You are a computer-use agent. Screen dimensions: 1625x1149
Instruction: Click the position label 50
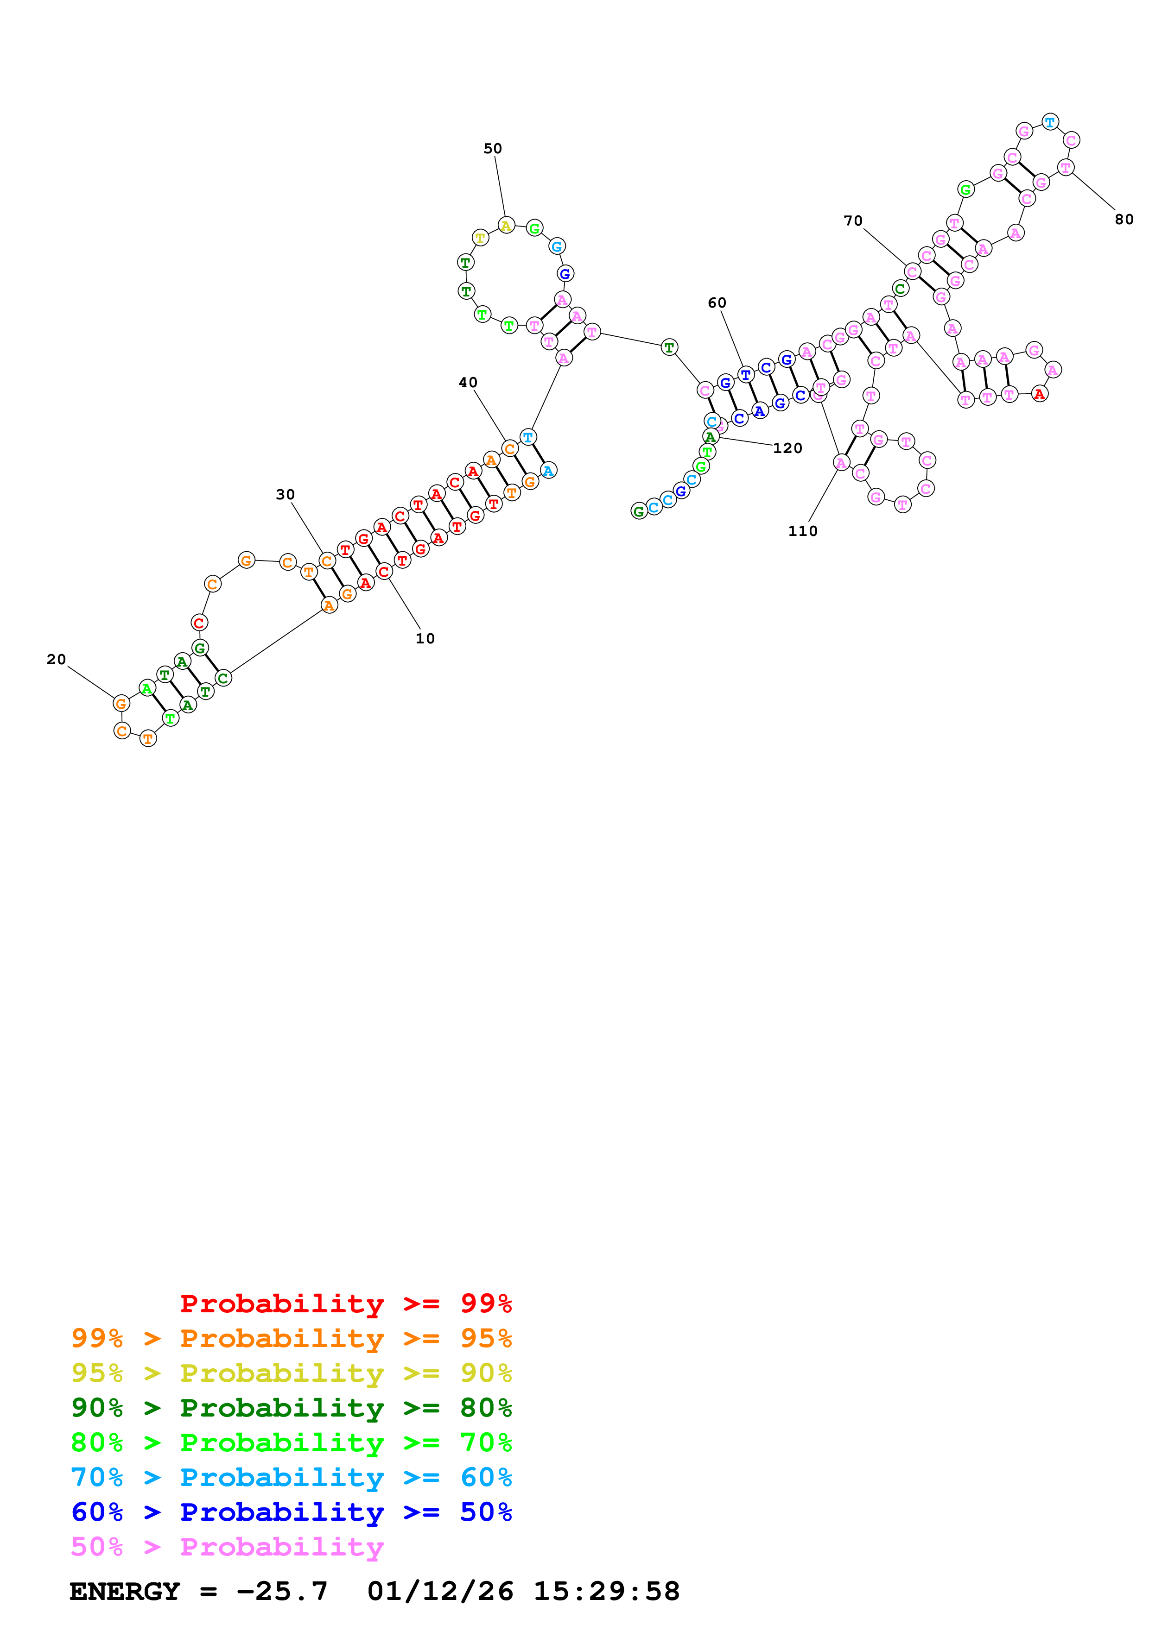[x=492, y=149]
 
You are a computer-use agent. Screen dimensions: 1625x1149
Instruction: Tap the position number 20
[x=56, y=660]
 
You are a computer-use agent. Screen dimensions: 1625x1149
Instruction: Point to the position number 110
[x=802, y=531]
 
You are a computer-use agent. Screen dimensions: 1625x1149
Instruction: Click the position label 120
[x=787, y=448]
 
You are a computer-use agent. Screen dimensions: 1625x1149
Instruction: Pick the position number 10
[x=425, y=638]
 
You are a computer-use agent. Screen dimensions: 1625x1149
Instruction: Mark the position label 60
[x=717, y=303]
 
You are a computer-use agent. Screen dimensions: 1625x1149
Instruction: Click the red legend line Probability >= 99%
[x=345, y=1304]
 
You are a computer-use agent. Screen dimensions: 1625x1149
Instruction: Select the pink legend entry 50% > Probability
[x=227, y=1547]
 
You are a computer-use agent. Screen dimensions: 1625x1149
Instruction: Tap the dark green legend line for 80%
[x=291, y=1408]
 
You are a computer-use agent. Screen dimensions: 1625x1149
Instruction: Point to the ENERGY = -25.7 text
[x=198, y=1592]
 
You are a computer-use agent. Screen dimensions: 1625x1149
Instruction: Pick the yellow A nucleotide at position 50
[x=506, y=226]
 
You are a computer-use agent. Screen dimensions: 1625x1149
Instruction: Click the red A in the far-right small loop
[x=1039, y=394]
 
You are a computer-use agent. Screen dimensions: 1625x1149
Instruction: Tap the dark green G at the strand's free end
[x=639, y=511]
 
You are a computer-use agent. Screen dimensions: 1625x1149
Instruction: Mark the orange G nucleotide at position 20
[x=121, y=704]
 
